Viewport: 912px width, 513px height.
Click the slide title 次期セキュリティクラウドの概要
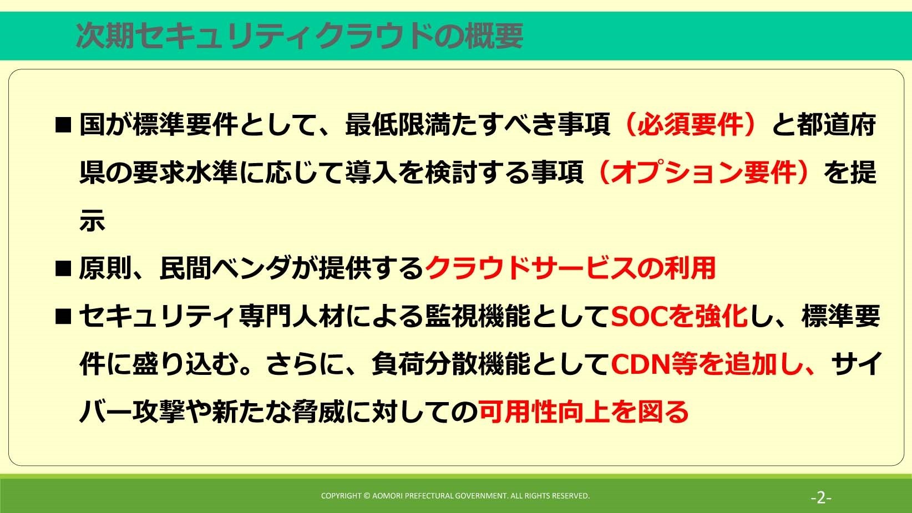pyautogui.click(x=299, y=36)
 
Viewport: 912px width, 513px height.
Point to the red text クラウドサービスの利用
pyautogui.click(x=570, y=268)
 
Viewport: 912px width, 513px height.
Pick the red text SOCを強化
pyautogui.click(x=679, y=316)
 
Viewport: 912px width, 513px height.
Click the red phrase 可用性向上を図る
pyautogui.click(x=584, y=412)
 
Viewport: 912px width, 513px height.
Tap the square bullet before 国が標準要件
pyautogui.click(x=63, y=125)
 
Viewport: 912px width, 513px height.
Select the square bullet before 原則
pyautogui.click(x=63, y=269)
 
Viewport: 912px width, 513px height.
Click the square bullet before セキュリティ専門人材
pyautogui.click(x=63, y=317)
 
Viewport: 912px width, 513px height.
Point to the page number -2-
pyautogui.click(x=821, y=497)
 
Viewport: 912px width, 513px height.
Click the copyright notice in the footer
pyautogui.click(x=455, y=495)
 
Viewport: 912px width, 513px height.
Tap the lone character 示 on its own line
pyautogui.click(x=92, y=221)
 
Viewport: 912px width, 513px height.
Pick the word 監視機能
pyautogui.click(x=478, y=316)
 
